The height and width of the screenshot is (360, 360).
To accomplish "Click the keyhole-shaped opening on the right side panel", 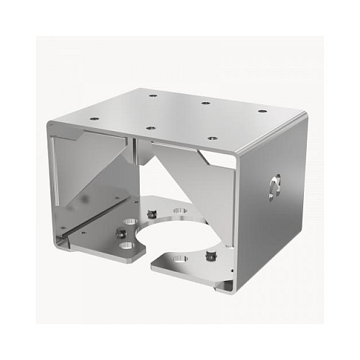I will pos(272,187).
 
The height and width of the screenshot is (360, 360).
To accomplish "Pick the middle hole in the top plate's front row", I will pos(150,127).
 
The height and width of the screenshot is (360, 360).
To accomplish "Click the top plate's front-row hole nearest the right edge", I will pos(212,138).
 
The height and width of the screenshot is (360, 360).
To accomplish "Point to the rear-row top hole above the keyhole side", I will pos(261,111).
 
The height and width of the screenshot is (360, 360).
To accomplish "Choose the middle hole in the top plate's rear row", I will pos(206,103).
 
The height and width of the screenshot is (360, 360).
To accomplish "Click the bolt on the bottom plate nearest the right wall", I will pos(210,254).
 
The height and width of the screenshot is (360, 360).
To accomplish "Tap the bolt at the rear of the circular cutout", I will pos(152,213).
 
